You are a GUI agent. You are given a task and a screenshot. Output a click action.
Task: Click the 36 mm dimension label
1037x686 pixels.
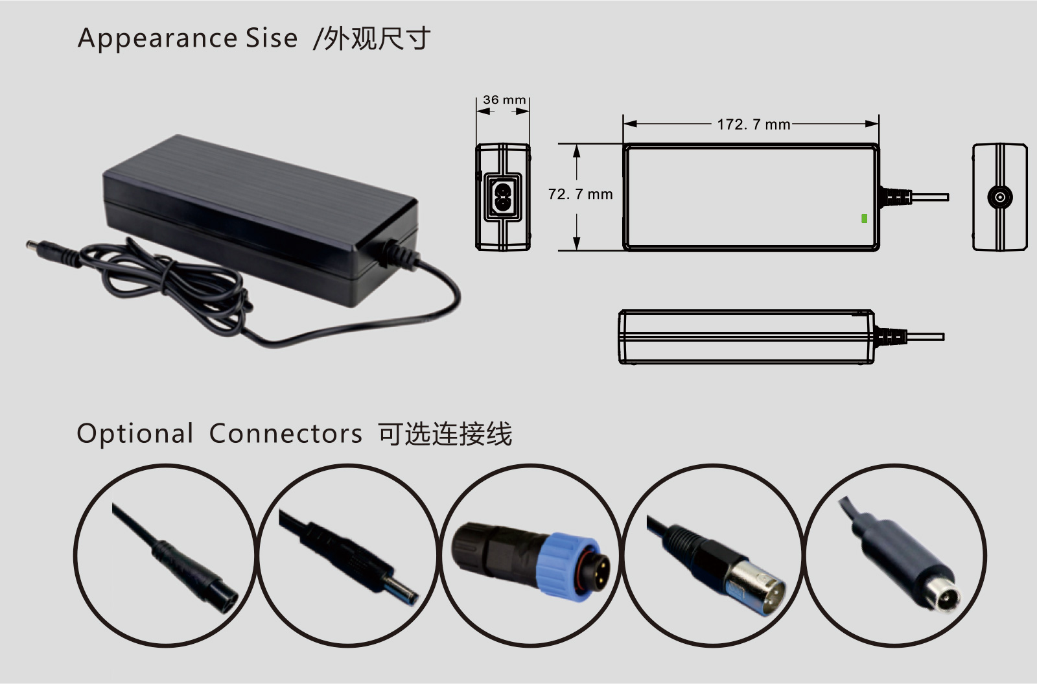click(x=504, y=100)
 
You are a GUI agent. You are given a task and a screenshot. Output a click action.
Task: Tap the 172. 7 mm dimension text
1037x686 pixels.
click(x=753, y=124)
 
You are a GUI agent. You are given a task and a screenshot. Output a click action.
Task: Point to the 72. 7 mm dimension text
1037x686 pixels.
click(x=580, y=194)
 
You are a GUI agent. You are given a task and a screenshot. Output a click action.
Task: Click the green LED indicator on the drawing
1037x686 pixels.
click(x=864, y=218)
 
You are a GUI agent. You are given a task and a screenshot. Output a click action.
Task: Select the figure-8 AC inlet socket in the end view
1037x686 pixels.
click(x=503, y=197)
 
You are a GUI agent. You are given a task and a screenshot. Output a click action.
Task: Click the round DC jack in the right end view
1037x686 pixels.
click(x=999, y=198)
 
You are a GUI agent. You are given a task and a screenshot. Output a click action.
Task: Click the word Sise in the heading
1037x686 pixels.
click(x=272, y=38)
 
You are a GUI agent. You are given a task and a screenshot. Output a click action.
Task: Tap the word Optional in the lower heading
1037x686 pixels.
click(x=135, y=434)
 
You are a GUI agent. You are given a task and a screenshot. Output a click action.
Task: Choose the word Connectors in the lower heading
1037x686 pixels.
click(x=286, y=434)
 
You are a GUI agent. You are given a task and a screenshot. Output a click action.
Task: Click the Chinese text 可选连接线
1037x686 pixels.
click(x=445, y=434)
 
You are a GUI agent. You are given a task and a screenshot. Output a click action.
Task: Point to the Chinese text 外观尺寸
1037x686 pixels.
click(x=377, y=38)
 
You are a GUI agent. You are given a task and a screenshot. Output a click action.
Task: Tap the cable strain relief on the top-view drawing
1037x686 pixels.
click(x=895, y=197)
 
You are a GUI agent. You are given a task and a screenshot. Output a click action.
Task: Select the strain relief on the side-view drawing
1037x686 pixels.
click(x=891, y=337)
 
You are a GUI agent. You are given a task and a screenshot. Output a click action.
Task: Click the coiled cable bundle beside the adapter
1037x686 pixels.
click(x=167, y=283)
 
